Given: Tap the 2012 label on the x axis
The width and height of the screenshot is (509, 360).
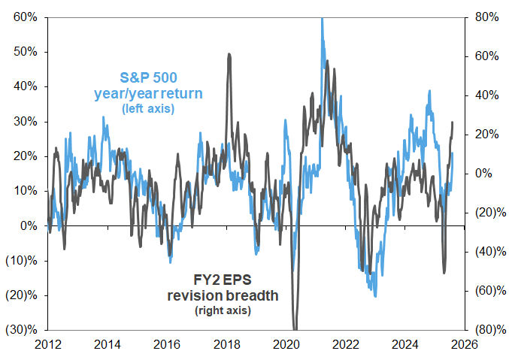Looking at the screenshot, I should click(x=47, y=345).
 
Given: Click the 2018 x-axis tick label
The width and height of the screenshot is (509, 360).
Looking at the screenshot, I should click(x=226, y=345).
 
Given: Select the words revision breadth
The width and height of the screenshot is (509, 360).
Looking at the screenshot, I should click(x=223, y=295).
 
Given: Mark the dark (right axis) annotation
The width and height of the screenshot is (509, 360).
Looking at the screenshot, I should click(x=223, y=310).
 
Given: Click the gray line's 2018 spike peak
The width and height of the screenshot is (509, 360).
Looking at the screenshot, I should click(x=229, y=54).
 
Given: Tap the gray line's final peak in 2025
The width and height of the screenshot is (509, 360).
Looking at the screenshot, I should click(x=453, y=122).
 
